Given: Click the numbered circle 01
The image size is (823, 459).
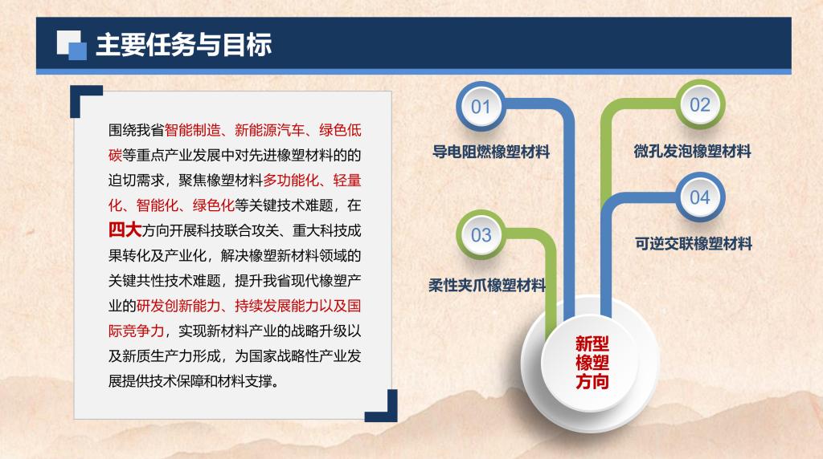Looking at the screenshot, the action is tap(481, 107).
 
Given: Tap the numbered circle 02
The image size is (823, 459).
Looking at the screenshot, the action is tap(700, 104).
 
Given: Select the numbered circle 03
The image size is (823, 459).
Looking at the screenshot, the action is tap(481, 235).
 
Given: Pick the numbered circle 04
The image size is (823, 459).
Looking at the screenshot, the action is tap(700, 197).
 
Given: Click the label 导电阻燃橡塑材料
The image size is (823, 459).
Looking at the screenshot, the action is tap(491, 152).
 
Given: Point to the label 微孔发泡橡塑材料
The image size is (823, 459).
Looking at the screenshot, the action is tap(692, 152).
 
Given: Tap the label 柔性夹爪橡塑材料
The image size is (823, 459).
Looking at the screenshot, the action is tap(487, 285).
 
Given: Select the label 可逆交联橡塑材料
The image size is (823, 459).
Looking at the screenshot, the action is tap(694, 244).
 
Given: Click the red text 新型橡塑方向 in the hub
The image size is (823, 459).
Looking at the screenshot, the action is tap(592, 363).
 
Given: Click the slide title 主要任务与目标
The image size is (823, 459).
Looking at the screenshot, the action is tap(184, 44).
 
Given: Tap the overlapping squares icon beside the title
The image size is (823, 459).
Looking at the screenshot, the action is tap(72, 45).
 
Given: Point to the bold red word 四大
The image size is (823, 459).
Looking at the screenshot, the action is tap(125, 230).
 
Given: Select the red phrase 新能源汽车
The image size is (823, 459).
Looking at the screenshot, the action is tap(270, 130).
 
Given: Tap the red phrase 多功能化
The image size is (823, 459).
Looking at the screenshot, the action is tap(291, 181).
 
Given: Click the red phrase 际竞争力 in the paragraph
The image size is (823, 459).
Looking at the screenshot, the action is tap(137, 331).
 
